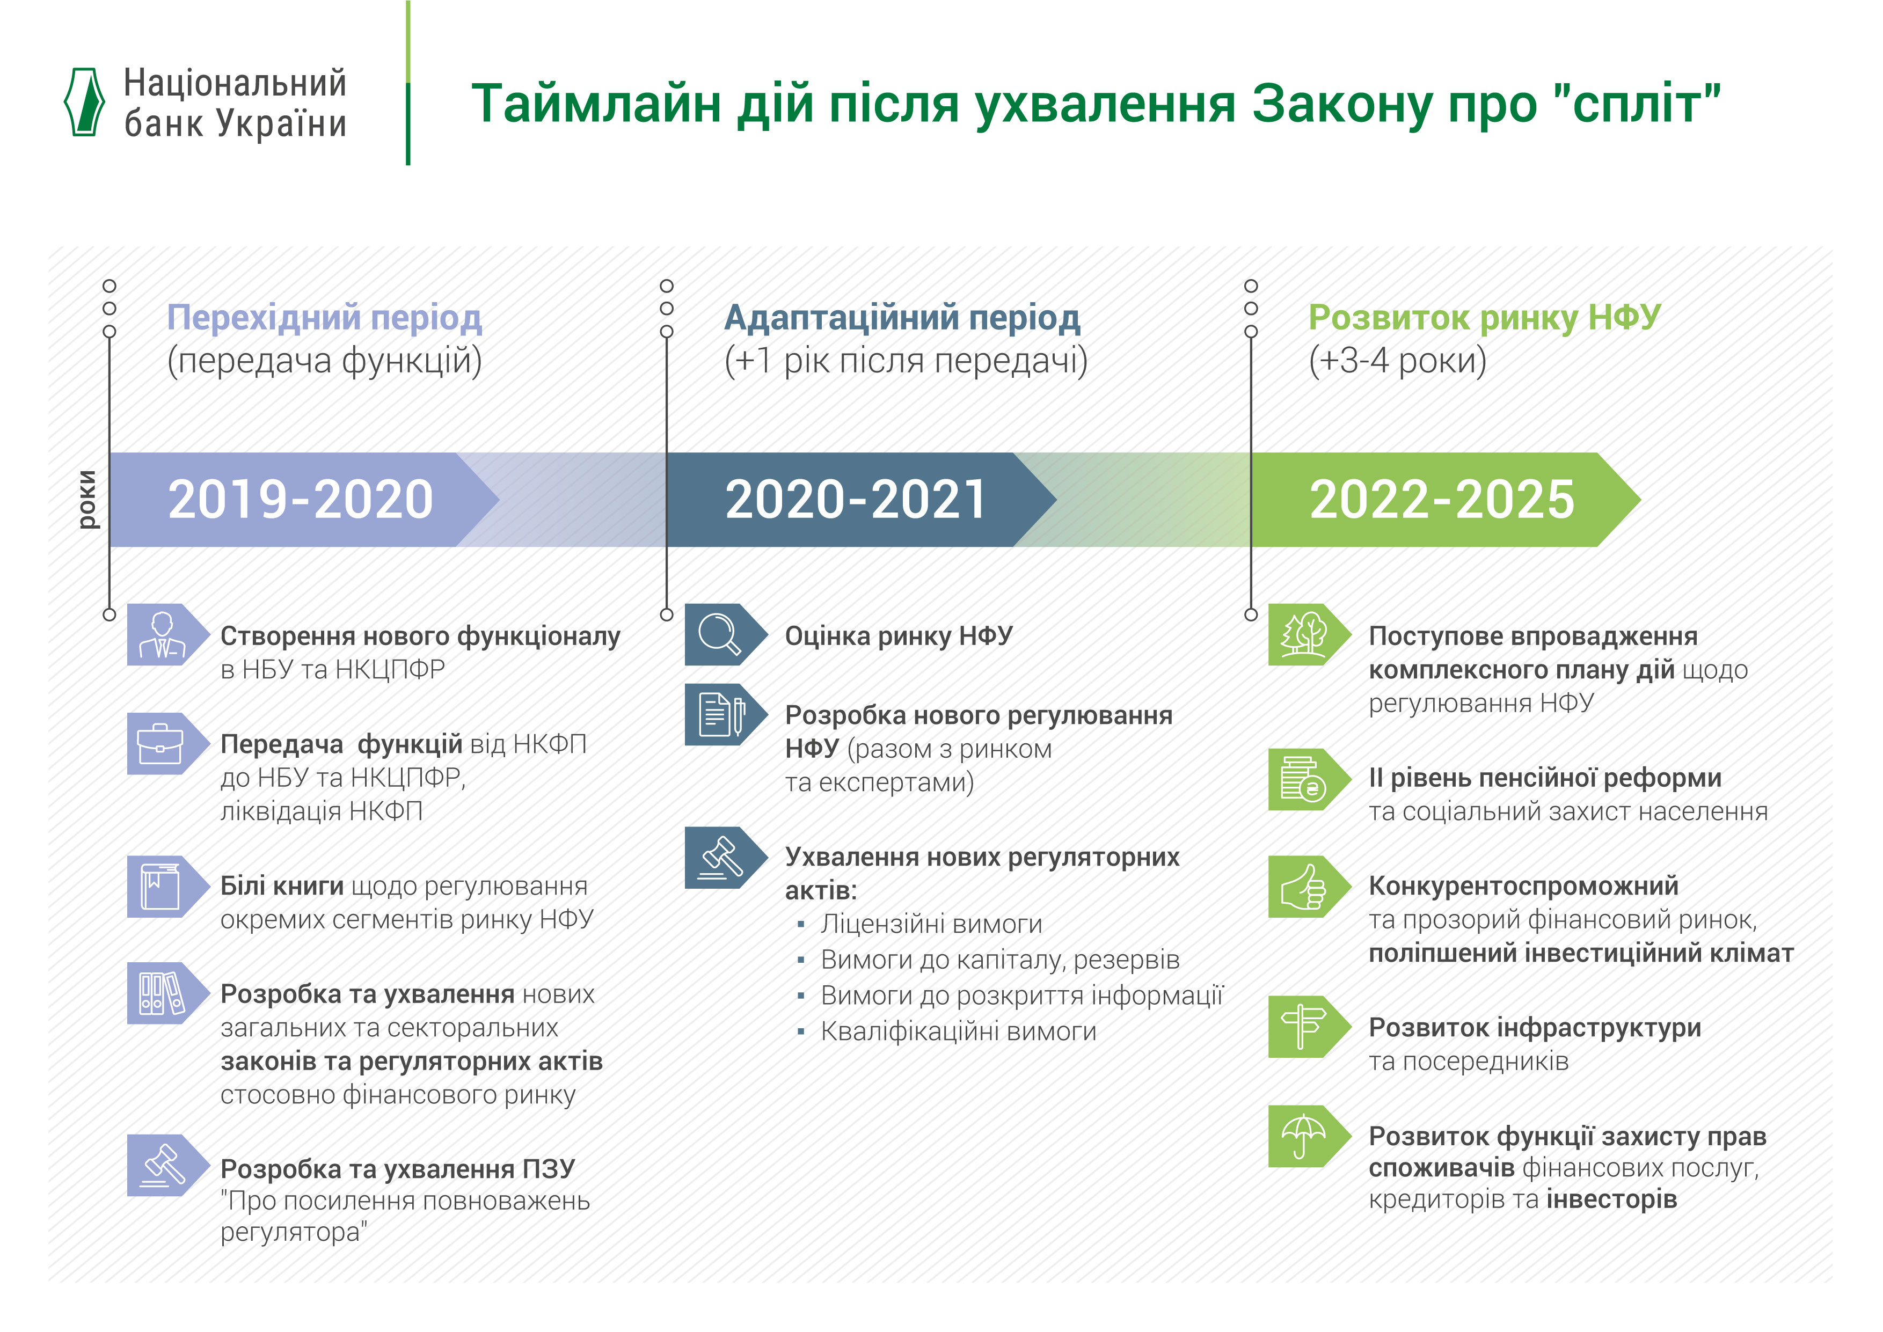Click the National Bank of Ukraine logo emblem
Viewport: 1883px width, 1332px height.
click(x=84, y=102)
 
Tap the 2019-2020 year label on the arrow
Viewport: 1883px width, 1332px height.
click(x=300, y=500)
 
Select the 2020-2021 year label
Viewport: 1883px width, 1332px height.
click(x=856, y=500)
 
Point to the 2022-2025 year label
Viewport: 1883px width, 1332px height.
click(x=1442, y=500)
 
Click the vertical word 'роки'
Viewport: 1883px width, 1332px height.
click(x=87, y=500)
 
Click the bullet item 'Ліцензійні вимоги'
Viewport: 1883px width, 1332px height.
click(x=931, y=924)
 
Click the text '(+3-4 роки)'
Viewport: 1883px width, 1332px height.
click(x=1397, y=361)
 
